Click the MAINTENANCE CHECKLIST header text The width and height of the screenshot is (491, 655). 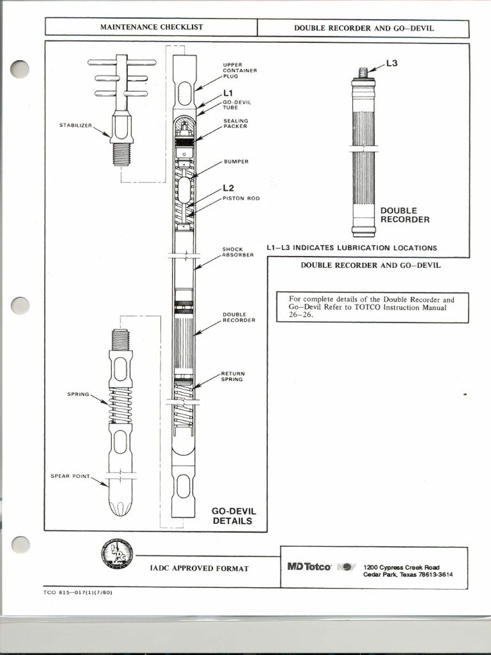[x=152, y=28]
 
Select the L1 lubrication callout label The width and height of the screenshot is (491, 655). [x=229, y=93]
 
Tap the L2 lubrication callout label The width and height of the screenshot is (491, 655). [x=229, y=188]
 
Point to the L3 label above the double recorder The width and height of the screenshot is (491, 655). [x=392, y=63]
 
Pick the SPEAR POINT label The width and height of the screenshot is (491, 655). [x=70, y=476]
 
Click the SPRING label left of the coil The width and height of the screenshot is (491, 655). [x=78, y=394]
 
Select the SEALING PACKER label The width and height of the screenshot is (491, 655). [x=235, y=123]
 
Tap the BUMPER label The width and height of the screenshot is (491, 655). [x=235, y=161]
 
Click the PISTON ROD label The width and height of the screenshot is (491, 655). [x=241, y=198]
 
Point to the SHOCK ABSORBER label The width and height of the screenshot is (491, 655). [x=238, y=252]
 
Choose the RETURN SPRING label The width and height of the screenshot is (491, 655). [x=233, y=376]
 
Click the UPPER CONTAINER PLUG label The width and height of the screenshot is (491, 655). [x=240, y=70]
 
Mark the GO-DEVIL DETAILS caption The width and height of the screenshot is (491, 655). [x=233, y=516]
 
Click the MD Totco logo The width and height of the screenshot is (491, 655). [x=309, y=567]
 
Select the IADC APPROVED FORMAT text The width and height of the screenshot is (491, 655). [x=199, y=568]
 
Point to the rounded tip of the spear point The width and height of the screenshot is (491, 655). [x=120, y=508]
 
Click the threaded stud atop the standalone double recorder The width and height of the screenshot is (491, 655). [x=363, y=72]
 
